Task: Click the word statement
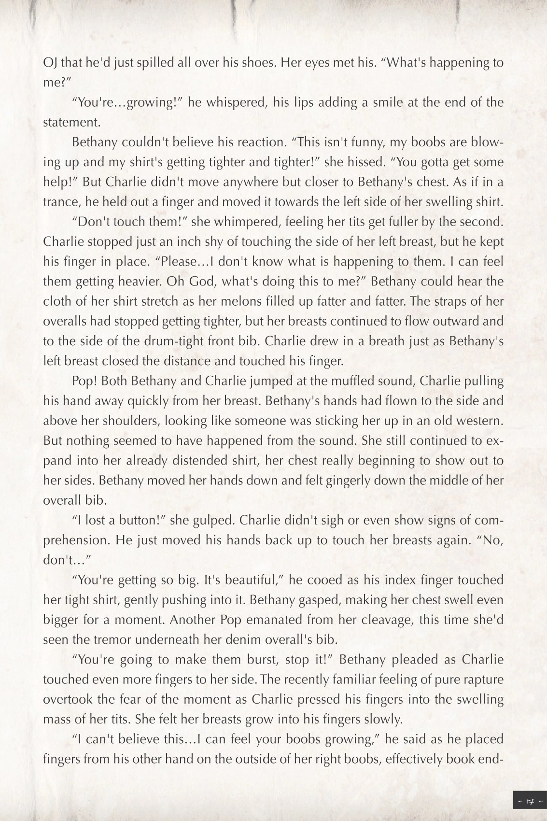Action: (x=72, y=122)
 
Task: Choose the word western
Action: (x=479, y=421)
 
